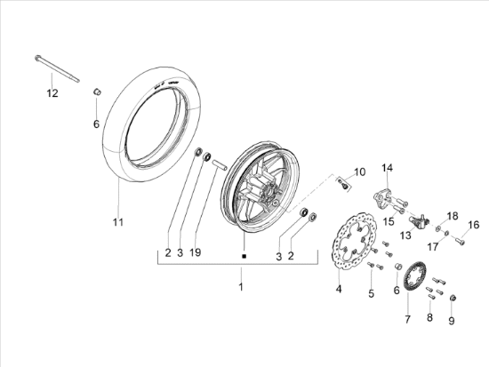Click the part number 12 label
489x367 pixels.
[52, 93]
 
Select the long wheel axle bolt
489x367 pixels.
[57, 68]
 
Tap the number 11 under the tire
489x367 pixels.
[118, 222]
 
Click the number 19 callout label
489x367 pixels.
[196, 252]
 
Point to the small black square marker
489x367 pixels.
[244, 256]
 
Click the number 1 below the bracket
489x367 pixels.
[241, 286]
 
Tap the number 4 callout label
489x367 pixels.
[339, 289]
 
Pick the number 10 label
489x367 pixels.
[359, 172]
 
